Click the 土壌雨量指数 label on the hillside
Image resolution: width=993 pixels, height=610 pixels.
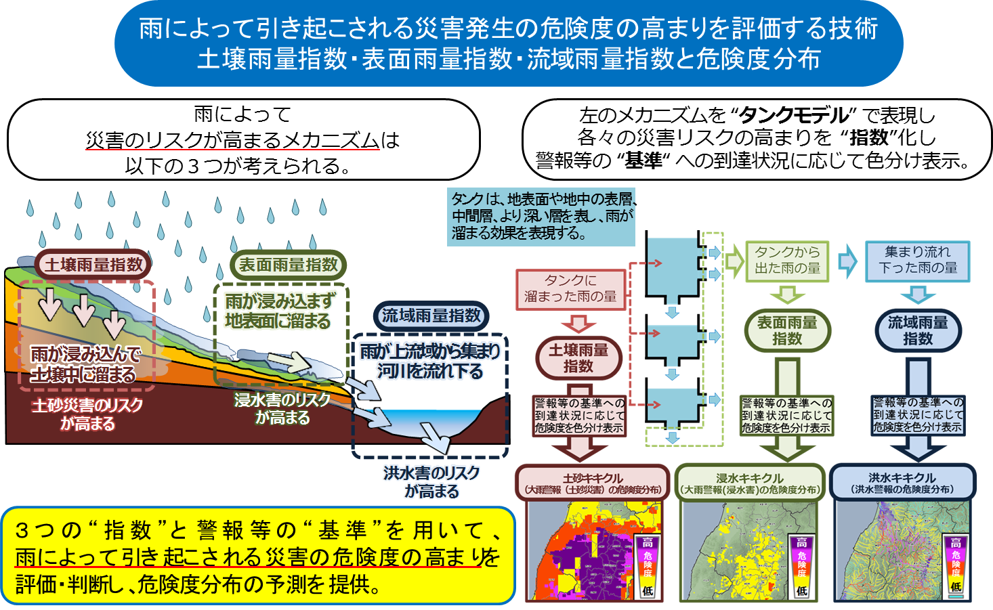click(x=93, y=265)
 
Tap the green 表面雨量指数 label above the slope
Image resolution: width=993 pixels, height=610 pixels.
click(x=288, y=265)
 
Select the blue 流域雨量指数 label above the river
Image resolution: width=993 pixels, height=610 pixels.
click(x=431, y=316)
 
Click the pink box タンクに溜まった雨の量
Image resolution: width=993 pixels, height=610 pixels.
click(x=570, y=289)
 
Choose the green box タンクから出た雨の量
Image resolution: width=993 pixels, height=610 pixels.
click(x=787, y=261)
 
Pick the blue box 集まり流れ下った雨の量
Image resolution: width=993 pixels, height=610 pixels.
click(x=918, y=261)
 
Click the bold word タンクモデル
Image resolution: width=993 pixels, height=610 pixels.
click(x=794, y=116)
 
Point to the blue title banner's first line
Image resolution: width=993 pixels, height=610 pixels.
click(x=509, y=28)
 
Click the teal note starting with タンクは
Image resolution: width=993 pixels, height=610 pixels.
click(x=541, y=216)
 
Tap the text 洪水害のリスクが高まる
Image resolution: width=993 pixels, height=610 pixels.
click(x=431, y=482)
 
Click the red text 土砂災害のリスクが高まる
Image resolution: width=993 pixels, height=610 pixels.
click(x=87, y=414)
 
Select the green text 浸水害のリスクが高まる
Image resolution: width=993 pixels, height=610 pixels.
click(x=282, y=408)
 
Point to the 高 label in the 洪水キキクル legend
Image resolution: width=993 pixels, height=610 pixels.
click(x=956, y=542)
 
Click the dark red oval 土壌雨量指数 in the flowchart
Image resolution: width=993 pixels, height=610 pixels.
click(x=578, y=358)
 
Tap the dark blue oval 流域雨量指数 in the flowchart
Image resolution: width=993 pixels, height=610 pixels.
click(x=918, y=330)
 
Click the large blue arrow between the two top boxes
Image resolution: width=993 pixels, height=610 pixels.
click(x=847, y=261)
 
